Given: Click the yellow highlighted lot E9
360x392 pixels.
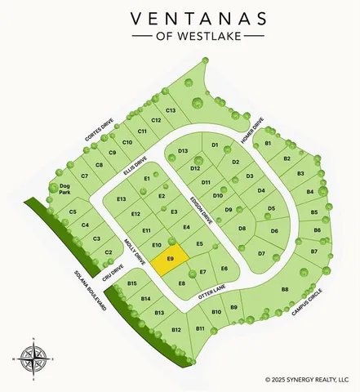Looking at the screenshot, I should (x=171, y=260).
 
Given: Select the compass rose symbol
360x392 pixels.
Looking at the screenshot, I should (x=33, y=357).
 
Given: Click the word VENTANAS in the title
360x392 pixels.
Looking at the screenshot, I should (x=180, y=17).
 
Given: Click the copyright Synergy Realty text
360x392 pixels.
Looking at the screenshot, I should (x=311, y=379).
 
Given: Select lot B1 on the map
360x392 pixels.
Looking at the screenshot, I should (x=268, y=144).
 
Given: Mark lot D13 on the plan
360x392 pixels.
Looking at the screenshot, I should (x=183, y=152).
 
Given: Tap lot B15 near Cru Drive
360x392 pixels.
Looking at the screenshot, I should (x=132, y=283).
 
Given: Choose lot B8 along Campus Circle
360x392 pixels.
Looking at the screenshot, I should (x=285, y=290).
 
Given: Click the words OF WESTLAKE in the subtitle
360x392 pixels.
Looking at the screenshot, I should (x=180, y=37).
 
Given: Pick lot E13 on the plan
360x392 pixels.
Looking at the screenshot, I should (x=122, y=199).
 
